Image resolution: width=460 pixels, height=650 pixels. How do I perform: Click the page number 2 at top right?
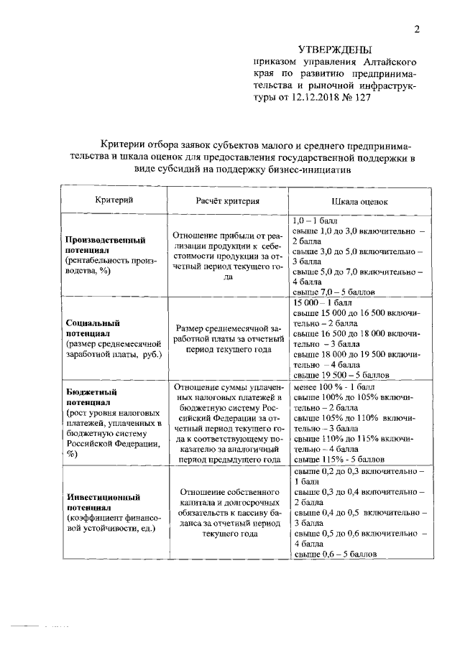tap(416, 29)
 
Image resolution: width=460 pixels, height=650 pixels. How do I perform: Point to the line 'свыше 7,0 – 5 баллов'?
tap(336, 292)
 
